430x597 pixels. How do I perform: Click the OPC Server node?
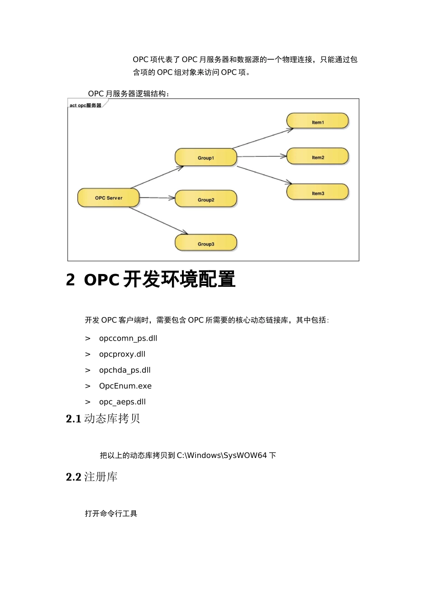(109, 198)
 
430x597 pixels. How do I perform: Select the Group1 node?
(206, 158)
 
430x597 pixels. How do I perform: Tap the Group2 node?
(206, 199)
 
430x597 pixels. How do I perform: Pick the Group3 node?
(206, 243)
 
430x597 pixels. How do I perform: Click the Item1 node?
(318, 122)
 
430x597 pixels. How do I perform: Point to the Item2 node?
(318, 157)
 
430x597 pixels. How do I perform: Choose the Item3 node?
(318, 193)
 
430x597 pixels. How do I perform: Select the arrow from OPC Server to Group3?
(158, 221)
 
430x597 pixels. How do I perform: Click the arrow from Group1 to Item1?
(263, 139)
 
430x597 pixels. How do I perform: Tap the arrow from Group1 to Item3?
(264, 175)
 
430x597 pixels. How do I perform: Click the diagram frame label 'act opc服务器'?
(86, 106)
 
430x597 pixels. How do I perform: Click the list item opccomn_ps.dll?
(128, 338)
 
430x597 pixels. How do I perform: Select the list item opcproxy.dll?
(122, 354)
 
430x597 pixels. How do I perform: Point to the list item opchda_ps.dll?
(125, 370)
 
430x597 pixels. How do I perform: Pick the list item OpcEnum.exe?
(125, 386)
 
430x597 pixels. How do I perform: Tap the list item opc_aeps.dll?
(122, 402)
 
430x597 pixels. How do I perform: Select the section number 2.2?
(73, 477)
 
